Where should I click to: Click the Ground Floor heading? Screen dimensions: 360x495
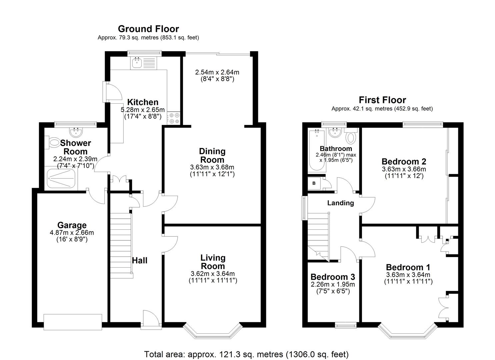click(148, 29)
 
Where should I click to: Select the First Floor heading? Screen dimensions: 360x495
click(382, 100)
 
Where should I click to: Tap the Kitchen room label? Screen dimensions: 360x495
click(143, 102)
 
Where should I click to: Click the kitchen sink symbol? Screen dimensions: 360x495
click(137, 63)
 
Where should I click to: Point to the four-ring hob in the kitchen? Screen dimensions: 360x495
click(174, 118)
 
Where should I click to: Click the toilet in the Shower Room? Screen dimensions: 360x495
click(52, 142)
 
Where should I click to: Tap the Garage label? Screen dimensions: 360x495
click(72, 225)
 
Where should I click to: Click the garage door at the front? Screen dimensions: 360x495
click(73, 322)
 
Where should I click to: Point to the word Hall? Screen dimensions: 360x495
click(140, 260)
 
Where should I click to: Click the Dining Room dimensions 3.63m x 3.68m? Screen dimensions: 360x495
click(212, 167)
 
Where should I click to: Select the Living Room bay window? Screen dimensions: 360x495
click(212, 331)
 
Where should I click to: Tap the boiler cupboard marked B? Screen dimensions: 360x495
click(314, 183)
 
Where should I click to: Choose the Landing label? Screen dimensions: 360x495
click(340, 203)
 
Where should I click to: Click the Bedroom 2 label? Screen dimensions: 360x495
click(404, 162)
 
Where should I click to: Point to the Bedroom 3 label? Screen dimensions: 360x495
click(332, 277)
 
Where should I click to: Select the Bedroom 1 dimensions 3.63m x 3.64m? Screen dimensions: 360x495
click(408, 275)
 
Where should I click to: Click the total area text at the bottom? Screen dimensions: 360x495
click(246, 354)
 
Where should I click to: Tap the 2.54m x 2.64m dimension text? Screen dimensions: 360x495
click(217, 72)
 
